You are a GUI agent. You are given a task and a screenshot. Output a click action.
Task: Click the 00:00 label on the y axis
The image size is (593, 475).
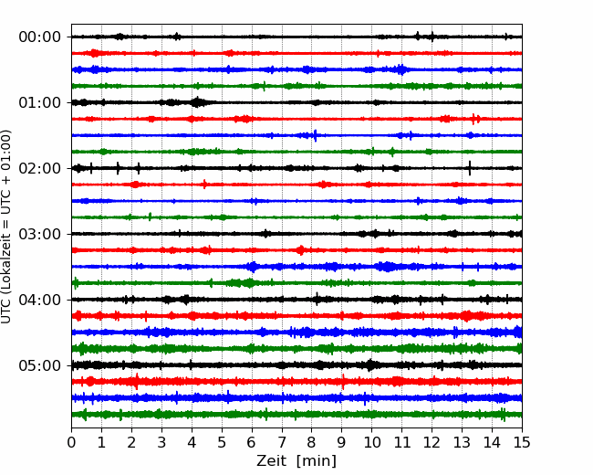tap(40, 37)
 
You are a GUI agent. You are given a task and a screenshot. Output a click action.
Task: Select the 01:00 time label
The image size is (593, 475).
tap(40, 102)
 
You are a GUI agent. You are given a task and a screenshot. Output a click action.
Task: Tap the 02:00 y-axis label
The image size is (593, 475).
tap(40, 168)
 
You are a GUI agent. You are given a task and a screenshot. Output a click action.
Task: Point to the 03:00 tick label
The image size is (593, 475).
tap(40, 234)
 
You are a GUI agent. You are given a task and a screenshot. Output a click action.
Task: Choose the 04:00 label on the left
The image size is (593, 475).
tap(40, 300)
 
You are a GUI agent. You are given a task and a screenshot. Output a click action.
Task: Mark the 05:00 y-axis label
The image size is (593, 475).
tap(40, 365)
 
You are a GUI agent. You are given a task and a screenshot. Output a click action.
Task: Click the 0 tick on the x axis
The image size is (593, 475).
tap(71, 442)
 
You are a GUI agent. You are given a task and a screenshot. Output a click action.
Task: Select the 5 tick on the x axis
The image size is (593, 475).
tap(222, 442)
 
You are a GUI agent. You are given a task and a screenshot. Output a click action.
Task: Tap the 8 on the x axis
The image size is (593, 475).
tap(312, 442)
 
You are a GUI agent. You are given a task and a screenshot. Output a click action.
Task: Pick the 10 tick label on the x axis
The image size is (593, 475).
tap(371, 442)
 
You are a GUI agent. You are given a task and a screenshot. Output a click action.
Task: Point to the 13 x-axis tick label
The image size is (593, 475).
tap(462, 442)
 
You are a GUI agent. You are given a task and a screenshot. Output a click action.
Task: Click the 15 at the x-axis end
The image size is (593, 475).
tap(522, 442)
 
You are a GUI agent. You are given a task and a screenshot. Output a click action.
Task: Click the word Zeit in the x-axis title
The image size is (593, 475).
tap(272, 460)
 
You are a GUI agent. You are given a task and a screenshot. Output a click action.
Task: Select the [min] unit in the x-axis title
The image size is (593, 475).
tap(317, 461)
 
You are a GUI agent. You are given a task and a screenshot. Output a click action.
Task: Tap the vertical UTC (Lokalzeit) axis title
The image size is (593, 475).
tap(6, 227)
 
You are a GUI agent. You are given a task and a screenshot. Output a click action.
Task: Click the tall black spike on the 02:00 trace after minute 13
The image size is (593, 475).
tap(470, 168)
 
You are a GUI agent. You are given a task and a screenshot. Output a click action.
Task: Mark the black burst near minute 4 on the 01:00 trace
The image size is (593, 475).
tap(197, 102)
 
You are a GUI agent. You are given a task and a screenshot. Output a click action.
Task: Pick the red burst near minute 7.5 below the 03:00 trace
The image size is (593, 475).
tap(301, 250)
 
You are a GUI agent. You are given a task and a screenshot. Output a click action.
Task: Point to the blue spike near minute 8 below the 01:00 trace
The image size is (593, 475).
tap(315, 135)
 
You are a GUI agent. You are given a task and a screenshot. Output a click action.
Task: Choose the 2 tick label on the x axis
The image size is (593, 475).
tap(131, 442)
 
